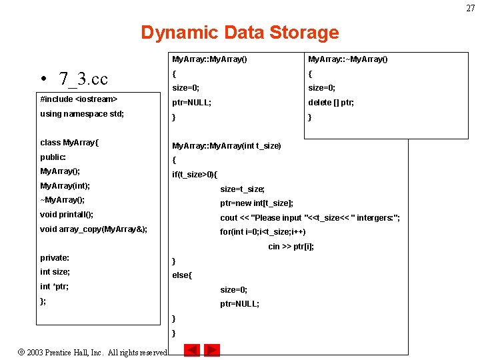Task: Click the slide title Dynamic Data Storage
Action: point(239,33)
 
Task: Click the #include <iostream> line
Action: point(79,99)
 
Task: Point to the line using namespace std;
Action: point(82,114)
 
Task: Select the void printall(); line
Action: point(67,215)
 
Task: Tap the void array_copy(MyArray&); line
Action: point(93,229)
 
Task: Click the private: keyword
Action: point(55,258)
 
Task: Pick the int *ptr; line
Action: point(54,287)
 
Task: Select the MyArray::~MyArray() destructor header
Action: point(347,59)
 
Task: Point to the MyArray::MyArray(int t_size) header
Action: point(227,146)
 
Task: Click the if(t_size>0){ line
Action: point(195,175)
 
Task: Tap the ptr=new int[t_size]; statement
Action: point(257,203)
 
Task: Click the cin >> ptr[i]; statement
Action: point(291,247)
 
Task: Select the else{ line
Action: point(182,275)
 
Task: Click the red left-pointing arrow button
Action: point(192,350)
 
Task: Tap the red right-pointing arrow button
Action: point(212,350)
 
